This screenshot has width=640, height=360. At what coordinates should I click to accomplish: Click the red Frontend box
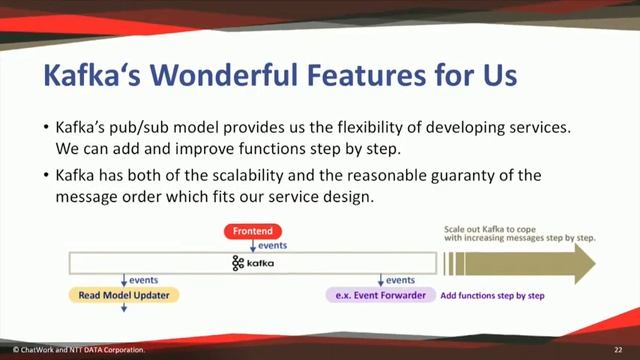[x=252, y=231]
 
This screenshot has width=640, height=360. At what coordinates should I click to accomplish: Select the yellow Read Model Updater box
[x=124, y=296]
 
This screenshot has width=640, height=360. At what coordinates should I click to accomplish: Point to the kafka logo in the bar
[x=253, y=263]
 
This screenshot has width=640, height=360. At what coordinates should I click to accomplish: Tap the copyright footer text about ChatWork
[x=76, y=350]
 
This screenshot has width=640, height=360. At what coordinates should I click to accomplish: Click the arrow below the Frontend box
[x=252, y=246]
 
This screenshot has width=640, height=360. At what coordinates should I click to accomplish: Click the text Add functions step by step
[x=492, y=296]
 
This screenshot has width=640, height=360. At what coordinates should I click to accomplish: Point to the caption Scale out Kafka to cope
[x=492, y=229]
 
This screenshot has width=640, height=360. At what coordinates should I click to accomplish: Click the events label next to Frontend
[x=273, y=245]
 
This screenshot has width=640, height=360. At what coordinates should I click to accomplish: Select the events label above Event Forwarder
[x=400, y=280]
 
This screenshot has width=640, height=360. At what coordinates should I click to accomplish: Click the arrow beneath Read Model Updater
[x=124, y=309]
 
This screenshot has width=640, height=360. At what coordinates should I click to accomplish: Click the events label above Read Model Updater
[x=144, y=280]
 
